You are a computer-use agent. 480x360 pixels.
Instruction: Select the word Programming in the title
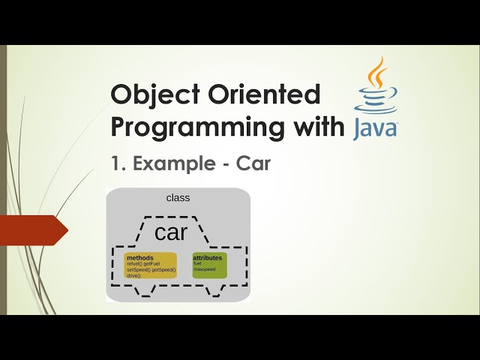195,127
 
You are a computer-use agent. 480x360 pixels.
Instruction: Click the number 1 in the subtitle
115,164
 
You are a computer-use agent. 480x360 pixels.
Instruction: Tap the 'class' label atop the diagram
178,198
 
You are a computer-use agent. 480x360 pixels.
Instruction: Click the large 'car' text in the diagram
170,232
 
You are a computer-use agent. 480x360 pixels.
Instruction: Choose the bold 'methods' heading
140,258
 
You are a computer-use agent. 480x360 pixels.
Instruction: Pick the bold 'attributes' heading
208,258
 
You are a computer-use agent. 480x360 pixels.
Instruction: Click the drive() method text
133,275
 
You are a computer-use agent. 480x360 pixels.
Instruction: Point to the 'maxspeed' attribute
204,269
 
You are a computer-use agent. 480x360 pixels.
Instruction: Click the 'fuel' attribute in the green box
198,263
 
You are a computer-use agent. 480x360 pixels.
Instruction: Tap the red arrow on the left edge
33,230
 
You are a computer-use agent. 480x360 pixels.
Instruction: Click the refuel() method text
134,264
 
